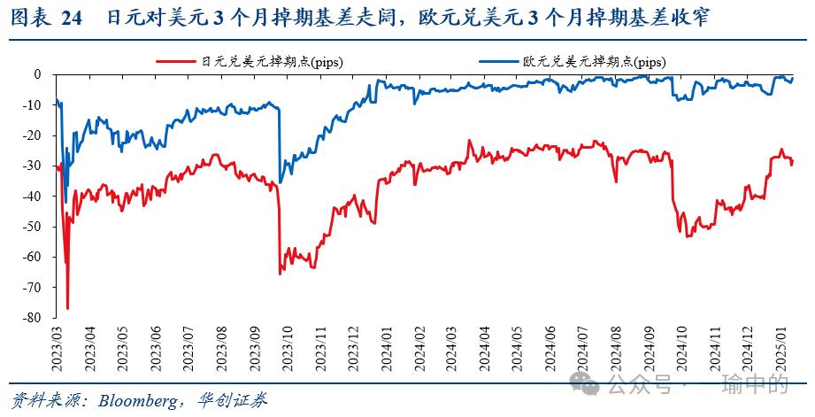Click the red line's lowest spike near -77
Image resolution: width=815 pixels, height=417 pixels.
tap(67, 308)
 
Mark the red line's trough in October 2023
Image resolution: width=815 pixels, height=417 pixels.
tap(281, 274)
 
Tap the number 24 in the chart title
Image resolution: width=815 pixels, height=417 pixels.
tap(73, 19)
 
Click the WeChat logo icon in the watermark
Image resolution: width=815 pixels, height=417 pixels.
tap(584, 385)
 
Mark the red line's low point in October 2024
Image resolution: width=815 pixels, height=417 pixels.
tap(681, 234)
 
